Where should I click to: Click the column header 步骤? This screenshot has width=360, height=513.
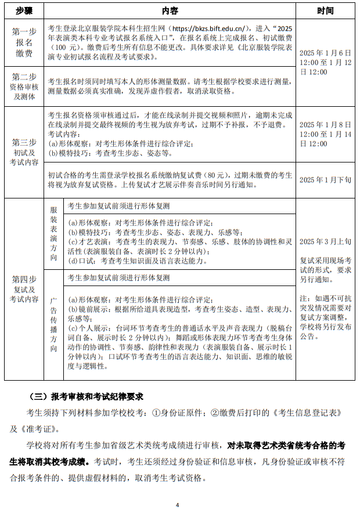23,11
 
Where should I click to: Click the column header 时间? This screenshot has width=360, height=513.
325,11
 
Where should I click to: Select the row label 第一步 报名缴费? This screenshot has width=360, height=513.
23,44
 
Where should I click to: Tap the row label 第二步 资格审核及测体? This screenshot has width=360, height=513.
23,86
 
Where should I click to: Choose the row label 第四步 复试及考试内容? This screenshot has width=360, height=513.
23,289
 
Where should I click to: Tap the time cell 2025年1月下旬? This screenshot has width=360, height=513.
325,180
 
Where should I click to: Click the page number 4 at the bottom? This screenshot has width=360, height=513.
178,505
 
